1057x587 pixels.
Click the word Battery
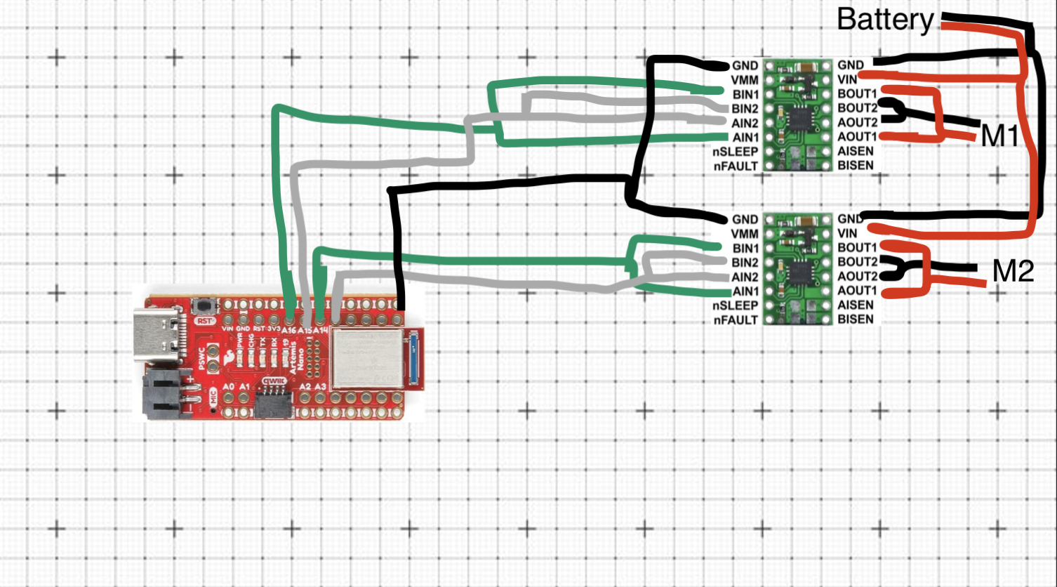pos(885,20)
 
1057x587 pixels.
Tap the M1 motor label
pos(999,136)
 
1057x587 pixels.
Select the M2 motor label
pos(1013,271)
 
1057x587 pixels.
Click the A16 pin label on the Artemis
pos(288,329)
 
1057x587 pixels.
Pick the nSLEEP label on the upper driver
pos(736,152)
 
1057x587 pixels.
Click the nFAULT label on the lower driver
pos(736,320)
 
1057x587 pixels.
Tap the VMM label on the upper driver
pos(744,80)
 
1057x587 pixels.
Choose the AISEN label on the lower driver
pos(856,305)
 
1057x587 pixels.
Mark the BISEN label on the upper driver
pos(856,166)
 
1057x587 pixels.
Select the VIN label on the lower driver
pos(847,233)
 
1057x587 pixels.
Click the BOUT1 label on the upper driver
pos(857,93)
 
